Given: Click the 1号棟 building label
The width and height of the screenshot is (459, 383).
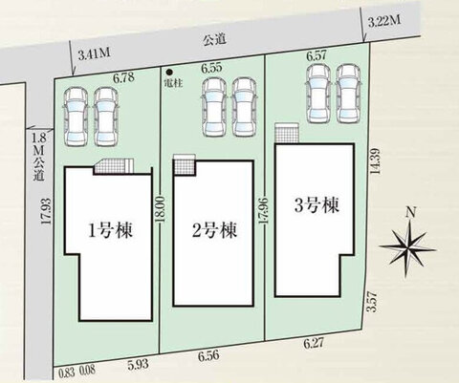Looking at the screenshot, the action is tap(110, 230).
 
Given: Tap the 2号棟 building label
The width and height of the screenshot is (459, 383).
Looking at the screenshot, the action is tap(215, 230).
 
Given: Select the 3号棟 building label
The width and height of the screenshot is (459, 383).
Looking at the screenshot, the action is tap(317, 205).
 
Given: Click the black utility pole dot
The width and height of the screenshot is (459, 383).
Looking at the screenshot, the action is tap(170, 72).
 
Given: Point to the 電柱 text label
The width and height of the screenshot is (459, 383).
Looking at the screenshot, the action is tap(173, 83).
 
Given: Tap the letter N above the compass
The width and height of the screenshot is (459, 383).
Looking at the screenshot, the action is tap(412, 213).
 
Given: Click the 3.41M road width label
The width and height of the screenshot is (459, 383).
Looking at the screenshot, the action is tap(95, 54).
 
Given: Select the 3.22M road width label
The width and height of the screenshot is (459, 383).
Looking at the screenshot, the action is tap(384, 22).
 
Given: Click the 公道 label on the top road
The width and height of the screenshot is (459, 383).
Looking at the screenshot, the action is tap(214, 39).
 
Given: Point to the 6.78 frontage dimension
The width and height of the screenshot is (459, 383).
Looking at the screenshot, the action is tap(123, 77).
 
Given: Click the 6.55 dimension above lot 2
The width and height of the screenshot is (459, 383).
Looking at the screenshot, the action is tap(211, 68).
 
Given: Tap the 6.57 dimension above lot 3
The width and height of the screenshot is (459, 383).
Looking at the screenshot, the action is tap(317, 56).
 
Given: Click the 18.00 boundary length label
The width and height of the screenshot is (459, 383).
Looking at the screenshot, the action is tap(162, 209).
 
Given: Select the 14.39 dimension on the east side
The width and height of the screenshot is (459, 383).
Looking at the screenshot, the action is tap(376, 161).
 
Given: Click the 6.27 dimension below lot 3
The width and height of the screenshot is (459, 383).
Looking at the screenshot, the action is tap(314, 343).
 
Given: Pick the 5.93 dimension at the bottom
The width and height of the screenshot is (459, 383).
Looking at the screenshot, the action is tap(138, 364).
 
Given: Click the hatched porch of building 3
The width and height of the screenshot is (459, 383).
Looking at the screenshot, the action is tap(287, 134).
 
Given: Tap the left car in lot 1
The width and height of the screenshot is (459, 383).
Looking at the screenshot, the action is tap(76, 117).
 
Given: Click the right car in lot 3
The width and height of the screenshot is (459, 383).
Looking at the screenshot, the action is tap(349, 95).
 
